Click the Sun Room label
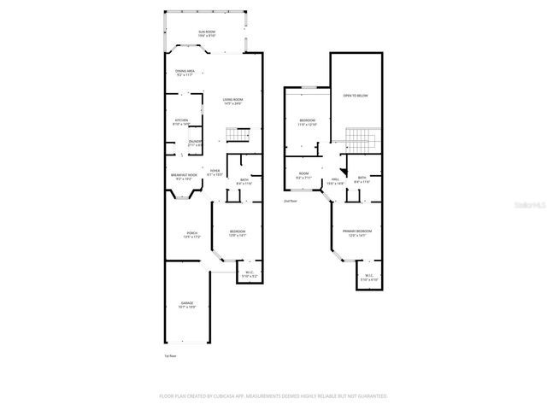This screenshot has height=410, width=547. coord(207,33)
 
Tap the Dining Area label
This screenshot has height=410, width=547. coord(185,73)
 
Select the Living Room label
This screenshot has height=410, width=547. coord(232,101)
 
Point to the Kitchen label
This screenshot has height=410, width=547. coord(181,121)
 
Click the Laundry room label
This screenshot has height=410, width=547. coord(194,143)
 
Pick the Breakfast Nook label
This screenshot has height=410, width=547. coord(184,176)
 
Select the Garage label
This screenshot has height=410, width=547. coord(187,304)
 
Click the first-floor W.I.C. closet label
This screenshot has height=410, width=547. coord(249,275)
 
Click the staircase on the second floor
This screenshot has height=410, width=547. coord(360,138)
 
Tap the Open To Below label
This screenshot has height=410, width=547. coord(356,96)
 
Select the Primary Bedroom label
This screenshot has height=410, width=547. coord(356,233)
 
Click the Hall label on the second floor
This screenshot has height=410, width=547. coord(336,181)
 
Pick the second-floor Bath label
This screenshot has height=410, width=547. coord(362,179)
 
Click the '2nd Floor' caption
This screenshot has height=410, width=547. coord(291,201)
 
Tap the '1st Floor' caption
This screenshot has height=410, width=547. coord(170,355)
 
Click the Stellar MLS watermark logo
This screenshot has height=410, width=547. coord(531,206)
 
